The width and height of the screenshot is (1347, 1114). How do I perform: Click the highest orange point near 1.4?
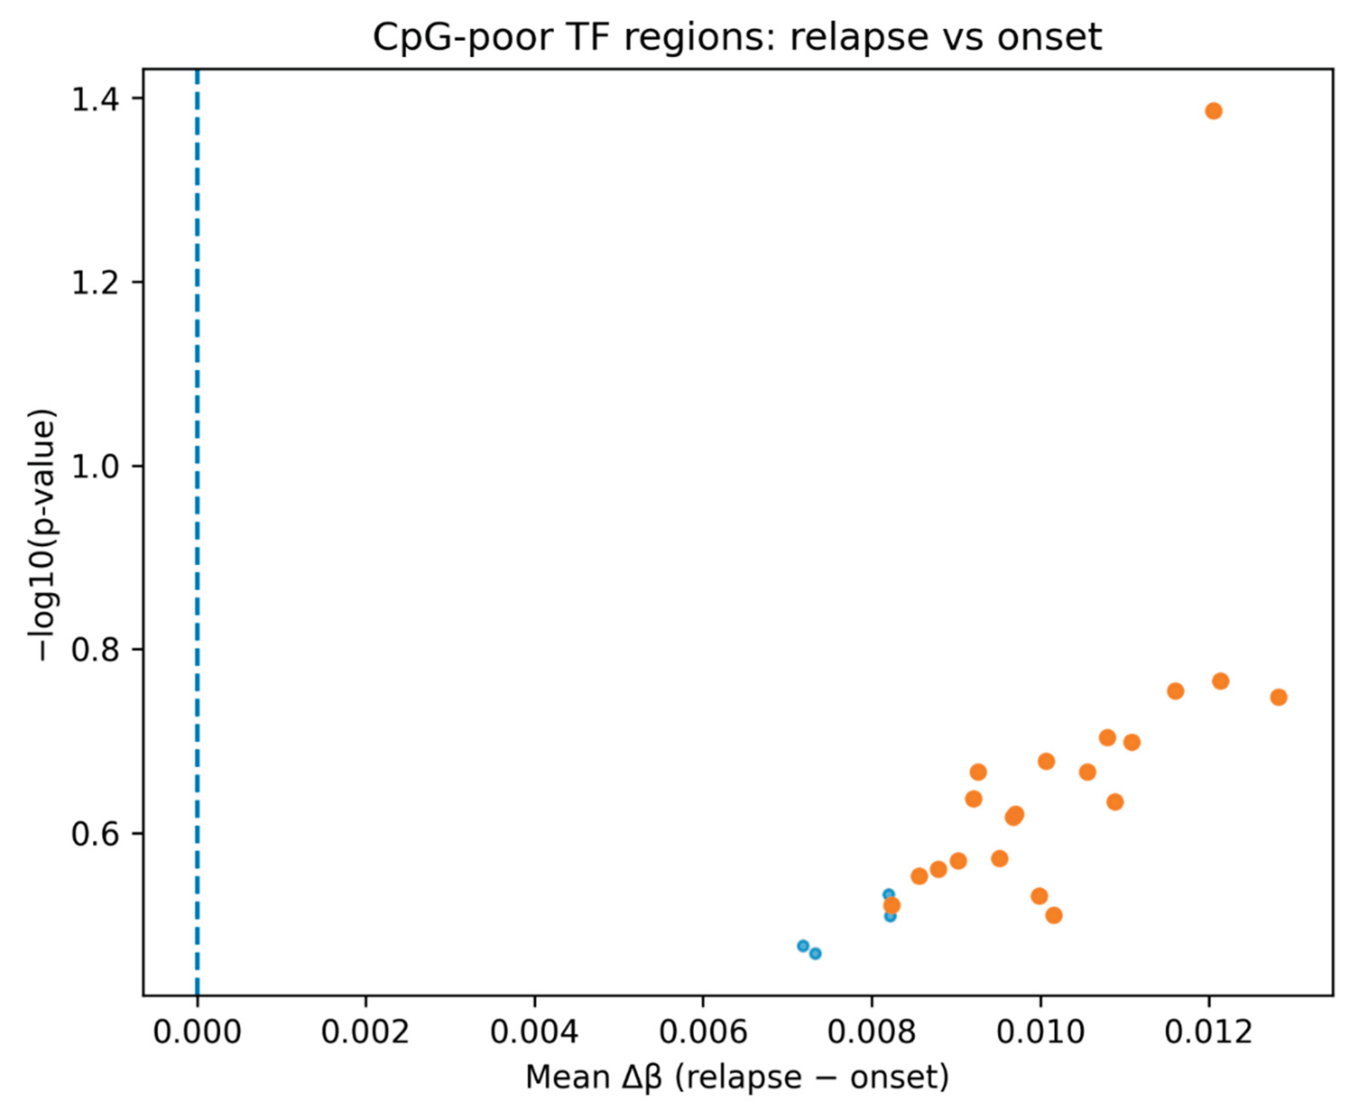(x=1213, y=111)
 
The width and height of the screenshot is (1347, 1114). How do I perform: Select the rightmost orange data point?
(x=1278, y=697)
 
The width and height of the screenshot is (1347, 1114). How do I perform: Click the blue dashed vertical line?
(x=197, y=513)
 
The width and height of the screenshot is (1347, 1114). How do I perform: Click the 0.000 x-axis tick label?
(x=197, y=1032)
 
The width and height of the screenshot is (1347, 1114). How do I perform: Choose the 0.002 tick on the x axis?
(x=365, y=1032)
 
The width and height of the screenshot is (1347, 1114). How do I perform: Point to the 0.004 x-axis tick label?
(x=534, y=1032)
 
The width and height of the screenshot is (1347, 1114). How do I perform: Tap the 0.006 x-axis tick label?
(x=703, y=1032)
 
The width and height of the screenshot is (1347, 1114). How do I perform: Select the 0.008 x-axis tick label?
(x=872, y=1032)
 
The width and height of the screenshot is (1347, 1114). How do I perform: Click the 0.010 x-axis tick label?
(x=1041, y=1032)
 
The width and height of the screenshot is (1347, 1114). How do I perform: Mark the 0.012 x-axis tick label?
(x=1208, y=1032)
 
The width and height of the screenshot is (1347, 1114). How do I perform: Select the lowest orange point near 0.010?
(x=1053, y=915)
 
